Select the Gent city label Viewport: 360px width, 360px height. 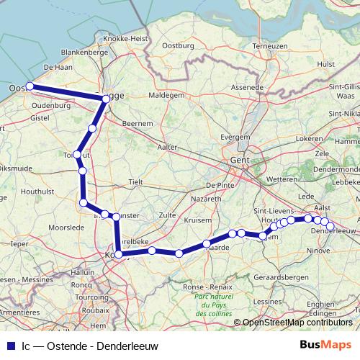[x=239, y=161]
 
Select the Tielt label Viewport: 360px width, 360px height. [x=136, y=183]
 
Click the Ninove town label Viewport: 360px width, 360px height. [x=320, y=252]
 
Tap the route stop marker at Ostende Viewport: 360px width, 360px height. [x=29, y=86]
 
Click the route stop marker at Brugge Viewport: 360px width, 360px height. [x=106, y=102]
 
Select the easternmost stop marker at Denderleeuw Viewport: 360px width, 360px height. [x=330, y=227]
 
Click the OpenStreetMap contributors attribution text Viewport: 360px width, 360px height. [x=297, y=322]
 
